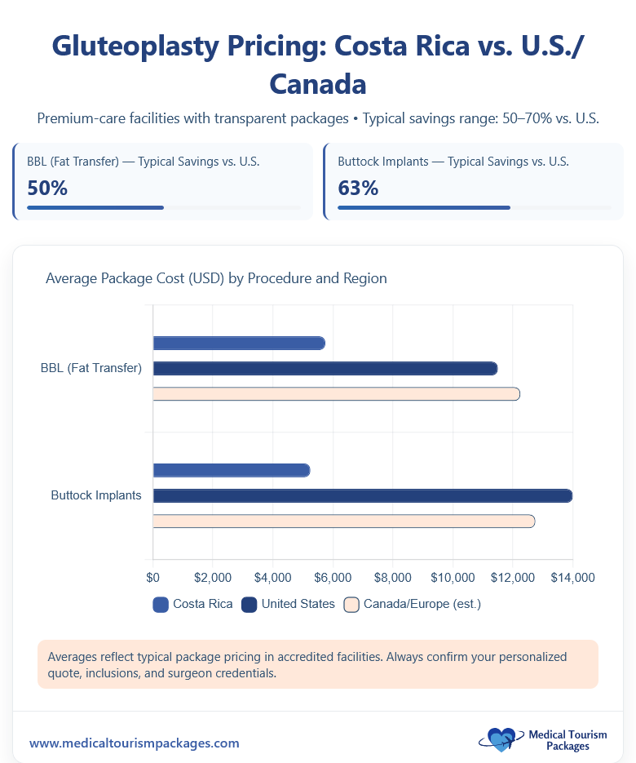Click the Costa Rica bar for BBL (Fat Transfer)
coord(239,343)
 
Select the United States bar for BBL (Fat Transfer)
coord(325,369)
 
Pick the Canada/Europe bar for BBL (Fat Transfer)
coord(336,394)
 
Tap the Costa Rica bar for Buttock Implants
coord(232,470)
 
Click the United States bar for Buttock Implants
coord(362,495)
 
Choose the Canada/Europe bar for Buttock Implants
coord(343,521)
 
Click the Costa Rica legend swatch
coord(161,605)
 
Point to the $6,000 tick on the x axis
coord(333,578)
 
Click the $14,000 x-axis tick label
coord(572,578)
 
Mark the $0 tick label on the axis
coord(153,578)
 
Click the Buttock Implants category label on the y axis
coord(95,495)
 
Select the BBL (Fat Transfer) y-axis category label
coord(91,369)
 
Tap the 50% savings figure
coord(47,189)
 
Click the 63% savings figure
coord(358,189)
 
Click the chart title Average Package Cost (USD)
coord(216,278)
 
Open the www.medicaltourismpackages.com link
coord(135,743)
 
